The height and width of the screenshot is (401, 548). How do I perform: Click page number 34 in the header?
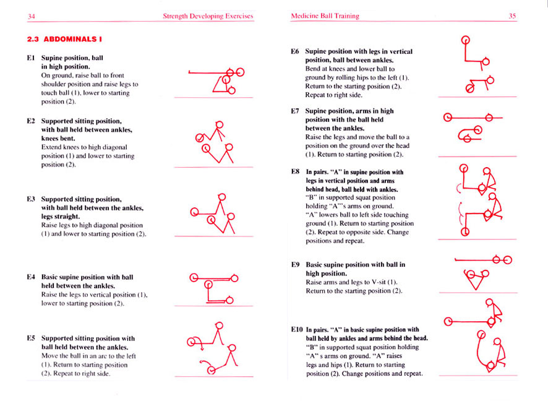click(32, 16)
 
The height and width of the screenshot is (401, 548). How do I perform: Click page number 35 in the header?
click(512, 16)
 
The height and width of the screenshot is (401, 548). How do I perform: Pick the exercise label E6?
click(295, 52)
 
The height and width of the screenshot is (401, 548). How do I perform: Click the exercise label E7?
click(295, 111)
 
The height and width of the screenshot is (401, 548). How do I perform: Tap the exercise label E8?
click(295, 172)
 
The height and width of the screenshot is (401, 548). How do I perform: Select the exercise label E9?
click(295, 264)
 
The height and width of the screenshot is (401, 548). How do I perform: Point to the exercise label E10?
click(297, 330)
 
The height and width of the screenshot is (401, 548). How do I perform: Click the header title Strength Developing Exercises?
click(208, 16)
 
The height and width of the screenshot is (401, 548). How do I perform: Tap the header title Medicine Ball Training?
click(325, 16)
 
